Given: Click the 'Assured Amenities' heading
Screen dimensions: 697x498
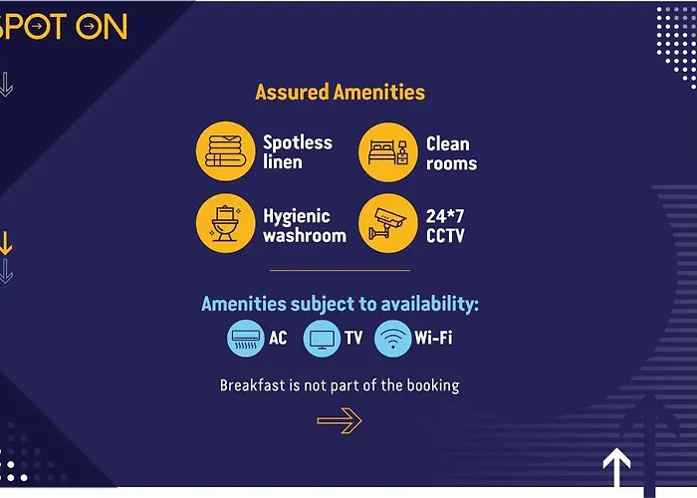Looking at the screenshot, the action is click(341, 92).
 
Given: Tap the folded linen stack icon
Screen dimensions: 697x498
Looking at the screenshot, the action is click(226, 151).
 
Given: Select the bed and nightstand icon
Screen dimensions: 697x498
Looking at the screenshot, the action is click(388, 152).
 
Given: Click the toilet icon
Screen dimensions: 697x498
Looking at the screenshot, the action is click(226, 223).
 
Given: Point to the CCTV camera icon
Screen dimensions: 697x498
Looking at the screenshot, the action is click(388, 223).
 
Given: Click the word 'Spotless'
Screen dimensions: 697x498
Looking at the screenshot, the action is click(298, 142).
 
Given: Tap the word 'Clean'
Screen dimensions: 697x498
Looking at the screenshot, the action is click(448, 144).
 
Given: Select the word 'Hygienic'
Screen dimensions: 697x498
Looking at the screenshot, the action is click(297, 217).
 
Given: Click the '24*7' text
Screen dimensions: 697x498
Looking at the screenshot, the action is click(445, 216).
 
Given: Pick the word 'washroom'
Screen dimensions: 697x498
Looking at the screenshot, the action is click(305, 236).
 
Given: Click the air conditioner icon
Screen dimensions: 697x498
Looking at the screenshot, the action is click(245, 339).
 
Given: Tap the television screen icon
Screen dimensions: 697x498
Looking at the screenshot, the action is click(322, 339).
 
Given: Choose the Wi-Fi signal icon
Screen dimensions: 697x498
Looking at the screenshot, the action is click(393, 339).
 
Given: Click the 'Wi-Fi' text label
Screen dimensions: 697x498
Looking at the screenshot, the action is click(433, 338).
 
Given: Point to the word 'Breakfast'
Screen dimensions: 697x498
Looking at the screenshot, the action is click(253, 385).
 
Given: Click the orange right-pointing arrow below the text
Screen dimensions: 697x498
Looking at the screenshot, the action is click(340, 420).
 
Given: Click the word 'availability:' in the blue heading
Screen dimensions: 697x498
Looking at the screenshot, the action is click(429, 304).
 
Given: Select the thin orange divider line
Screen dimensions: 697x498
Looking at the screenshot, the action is click(340, 270).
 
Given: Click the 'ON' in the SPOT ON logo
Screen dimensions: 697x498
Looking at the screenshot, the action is click(102, 26).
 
